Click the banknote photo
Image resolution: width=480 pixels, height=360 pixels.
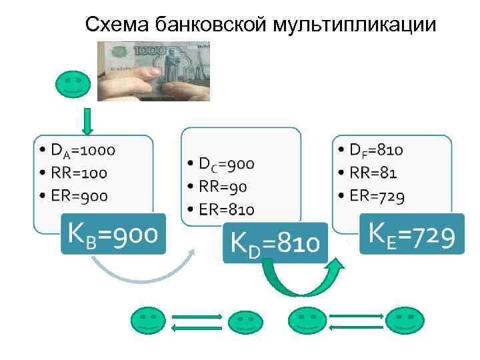(153, 71)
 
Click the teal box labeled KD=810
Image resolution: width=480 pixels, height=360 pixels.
(275, 243)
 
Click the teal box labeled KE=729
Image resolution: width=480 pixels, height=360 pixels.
(411, 233)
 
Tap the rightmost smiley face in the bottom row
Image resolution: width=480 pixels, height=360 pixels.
(405, 322)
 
